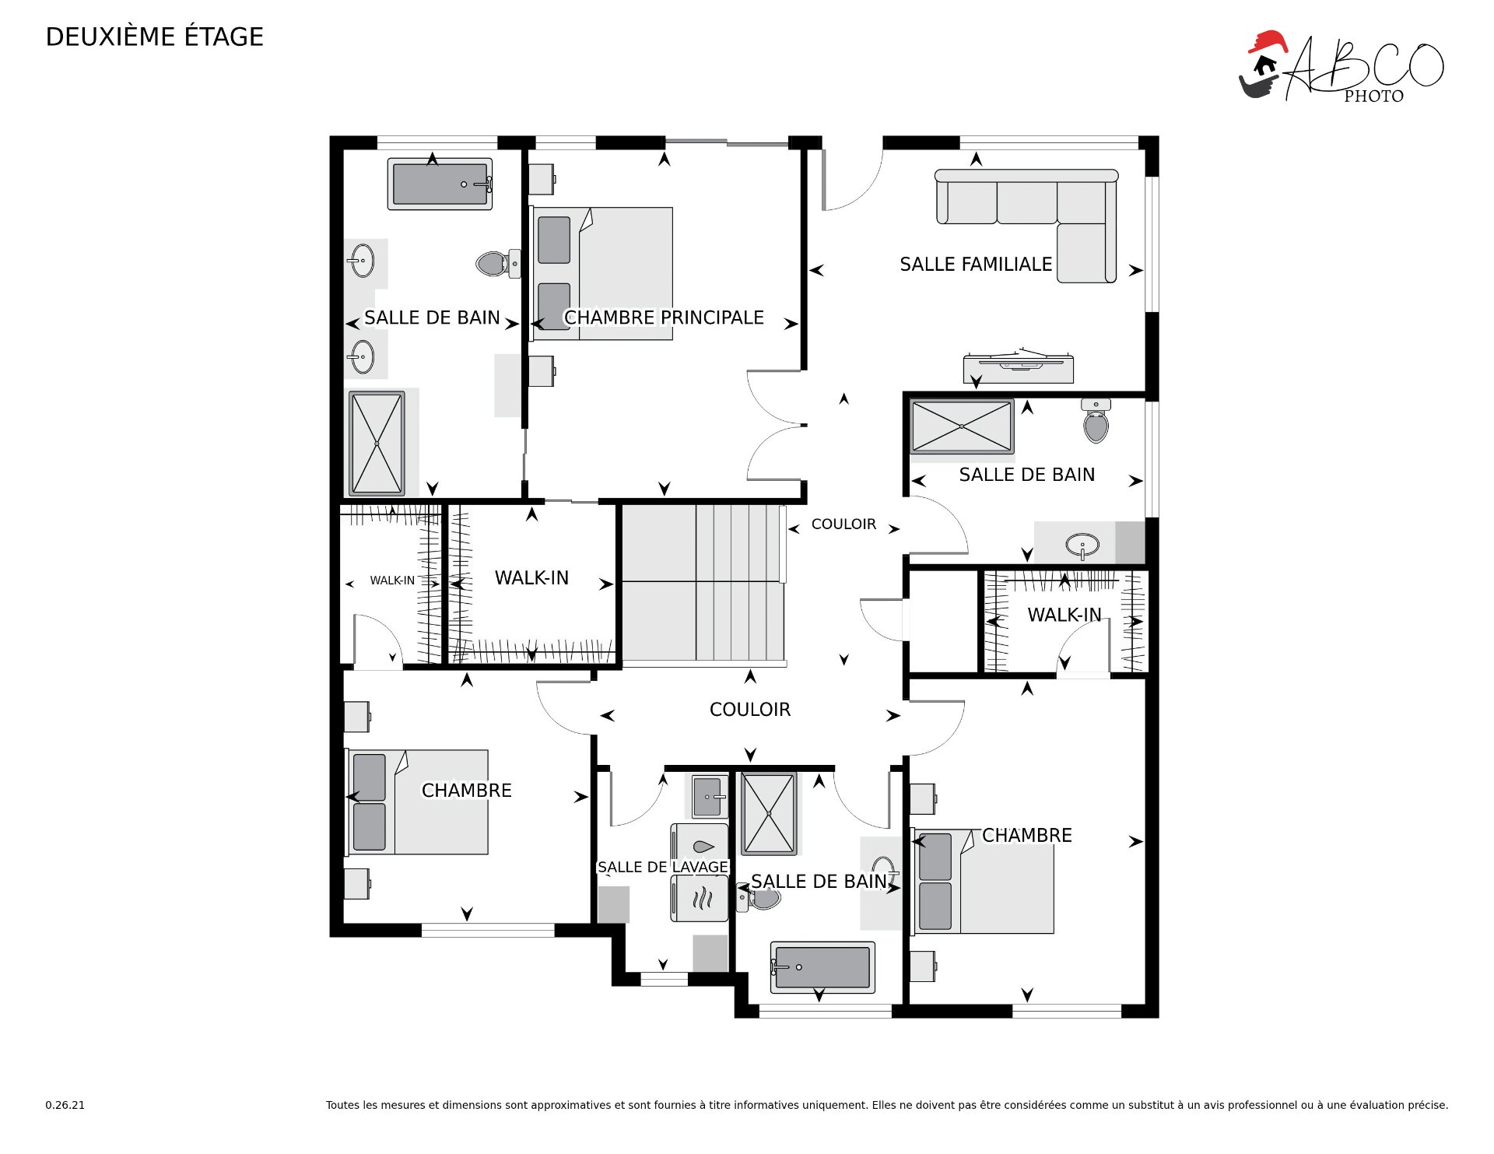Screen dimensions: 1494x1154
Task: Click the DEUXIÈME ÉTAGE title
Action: [x=155, y=37]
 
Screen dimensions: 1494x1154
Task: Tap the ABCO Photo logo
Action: [x=1341, y=67]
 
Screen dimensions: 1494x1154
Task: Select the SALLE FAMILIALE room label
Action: [x=976, y=265]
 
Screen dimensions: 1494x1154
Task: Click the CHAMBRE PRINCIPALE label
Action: [x=664, y=317]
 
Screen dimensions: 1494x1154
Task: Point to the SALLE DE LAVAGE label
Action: [x=663, y=867]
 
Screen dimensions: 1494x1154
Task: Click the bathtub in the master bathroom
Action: [x=440, y=184]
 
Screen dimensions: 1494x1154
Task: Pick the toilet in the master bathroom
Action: [x=498, y=263]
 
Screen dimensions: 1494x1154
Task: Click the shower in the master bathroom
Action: [x=377, y=444]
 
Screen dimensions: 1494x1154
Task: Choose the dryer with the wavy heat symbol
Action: [x=700, y=899]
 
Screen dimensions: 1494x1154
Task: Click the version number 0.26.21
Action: [x=65, y=1105]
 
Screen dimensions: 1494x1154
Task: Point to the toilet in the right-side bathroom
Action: [x=1096, y=421]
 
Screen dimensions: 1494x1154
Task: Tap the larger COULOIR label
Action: [x=750, y=710]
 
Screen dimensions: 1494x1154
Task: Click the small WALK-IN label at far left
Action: [x=392, y=581]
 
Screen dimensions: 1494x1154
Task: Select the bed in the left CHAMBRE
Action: [x=418, y=802]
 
